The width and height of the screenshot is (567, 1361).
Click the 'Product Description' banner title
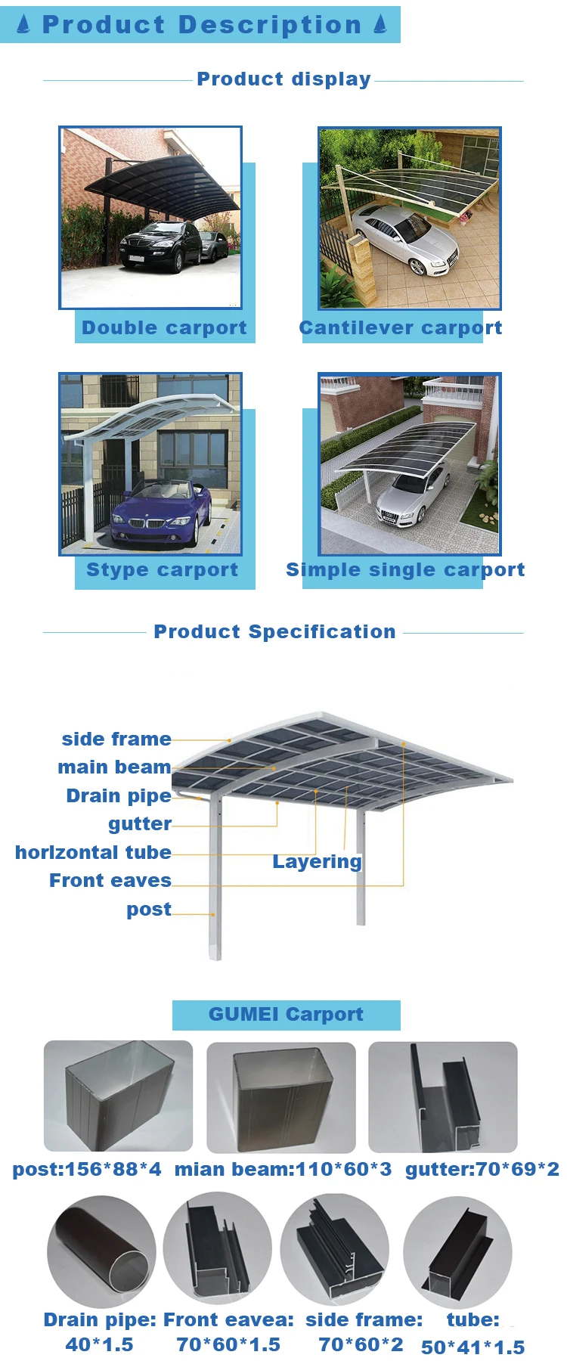point(201,24)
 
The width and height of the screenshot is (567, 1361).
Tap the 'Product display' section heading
point(283,79)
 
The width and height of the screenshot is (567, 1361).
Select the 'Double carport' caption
point(164,327)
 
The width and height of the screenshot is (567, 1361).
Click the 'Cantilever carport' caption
point(400,327)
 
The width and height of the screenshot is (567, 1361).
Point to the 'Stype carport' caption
point(162,569)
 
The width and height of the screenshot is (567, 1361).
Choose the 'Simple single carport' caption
point(404,569)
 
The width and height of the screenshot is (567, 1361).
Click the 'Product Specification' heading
point(274,631)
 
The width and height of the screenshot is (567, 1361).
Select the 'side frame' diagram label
point(116,739)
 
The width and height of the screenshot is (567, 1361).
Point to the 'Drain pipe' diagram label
point(119,795)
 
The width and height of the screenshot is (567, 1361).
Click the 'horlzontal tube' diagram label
point(93,852)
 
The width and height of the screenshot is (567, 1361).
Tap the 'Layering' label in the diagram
point(317,861)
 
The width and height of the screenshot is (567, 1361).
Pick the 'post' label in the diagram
point(149,909)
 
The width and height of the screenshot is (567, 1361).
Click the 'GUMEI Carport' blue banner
point(286,1014)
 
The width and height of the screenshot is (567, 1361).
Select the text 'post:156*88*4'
point(87,1169)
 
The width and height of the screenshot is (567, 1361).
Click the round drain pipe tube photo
point(101,1251)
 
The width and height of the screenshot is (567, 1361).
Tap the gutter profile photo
point(442,1096)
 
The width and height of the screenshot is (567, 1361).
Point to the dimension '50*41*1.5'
point(472,1347)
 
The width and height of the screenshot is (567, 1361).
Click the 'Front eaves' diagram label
point(110,880)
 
